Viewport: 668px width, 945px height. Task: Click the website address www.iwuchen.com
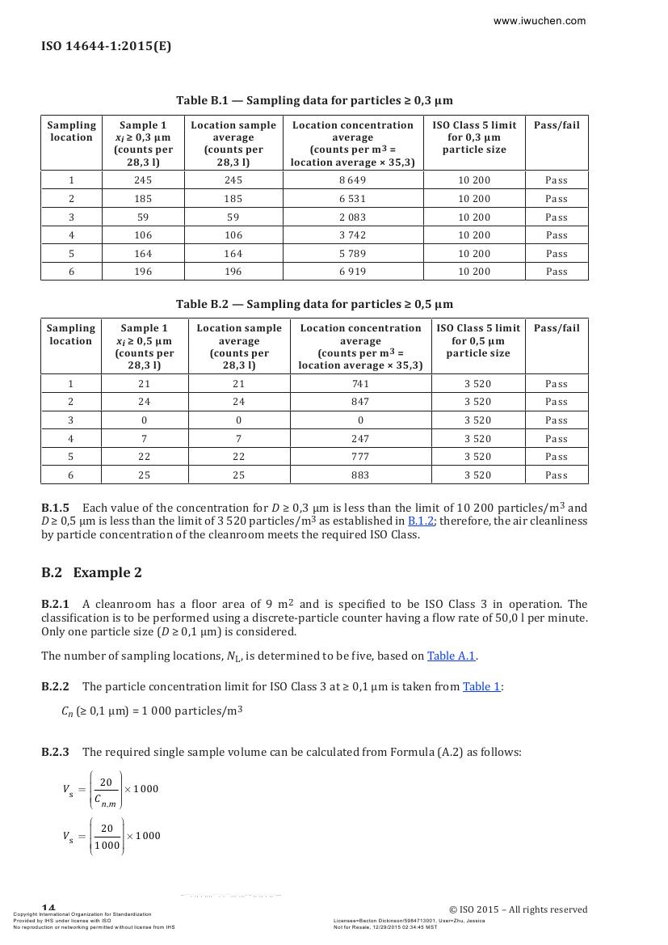540,21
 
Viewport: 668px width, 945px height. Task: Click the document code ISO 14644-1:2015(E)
106,46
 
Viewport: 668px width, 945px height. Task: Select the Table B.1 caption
314,100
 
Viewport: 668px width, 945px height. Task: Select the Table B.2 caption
314,304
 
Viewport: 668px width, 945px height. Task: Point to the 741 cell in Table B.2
359,384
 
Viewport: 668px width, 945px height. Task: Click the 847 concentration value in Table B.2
359,402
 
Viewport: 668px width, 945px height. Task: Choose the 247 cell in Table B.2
359,439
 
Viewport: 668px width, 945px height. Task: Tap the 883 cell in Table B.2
359,475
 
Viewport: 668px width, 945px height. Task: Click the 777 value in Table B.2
359,457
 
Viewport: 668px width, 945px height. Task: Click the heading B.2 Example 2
91,572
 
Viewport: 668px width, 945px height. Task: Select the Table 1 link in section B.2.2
481,686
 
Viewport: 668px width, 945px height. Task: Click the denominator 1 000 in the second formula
107,846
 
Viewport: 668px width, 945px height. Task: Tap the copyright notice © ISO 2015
518,909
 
